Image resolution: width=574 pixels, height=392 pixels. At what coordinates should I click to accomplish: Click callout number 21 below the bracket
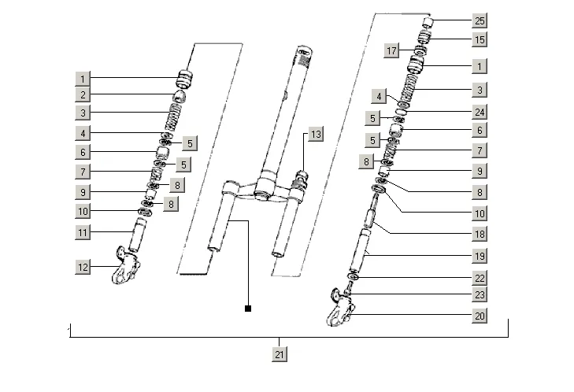tap(280, 354)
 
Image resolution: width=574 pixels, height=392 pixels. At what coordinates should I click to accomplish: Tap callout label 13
tap(316, 135)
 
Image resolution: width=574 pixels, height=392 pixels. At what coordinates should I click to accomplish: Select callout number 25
tap(480, 20)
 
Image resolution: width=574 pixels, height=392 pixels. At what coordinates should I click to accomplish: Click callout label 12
tap(83, 267)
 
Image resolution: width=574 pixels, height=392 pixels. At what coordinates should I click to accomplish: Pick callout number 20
tap(480, 316)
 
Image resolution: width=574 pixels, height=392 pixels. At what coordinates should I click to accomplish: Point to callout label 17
tap(391, 50)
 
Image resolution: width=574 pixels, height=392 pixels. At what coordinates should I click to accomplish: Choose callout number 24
tap(480, 112)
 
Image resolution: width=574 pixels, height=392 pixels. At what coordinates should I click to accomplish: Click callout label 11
tap(83, 232)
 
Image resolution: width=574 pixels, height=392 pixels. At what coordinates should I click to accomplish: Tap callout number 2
tap(83, 94)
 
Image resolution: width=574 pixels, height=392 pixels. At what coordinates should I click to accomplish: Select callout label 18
tap(480, 234)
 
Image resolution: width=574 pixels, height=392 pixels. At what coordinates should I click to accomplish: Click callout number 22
tap(480, 278)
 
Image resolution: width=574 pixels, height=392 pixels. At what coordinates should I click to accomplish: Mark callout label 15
tap(480, 39)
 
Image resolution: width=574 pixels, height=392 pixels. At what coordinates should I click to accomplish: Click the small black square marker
tap(248, 309)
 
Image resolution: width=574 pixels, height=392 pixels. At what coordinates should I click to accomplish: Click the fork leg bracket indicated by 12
tap(125, 266)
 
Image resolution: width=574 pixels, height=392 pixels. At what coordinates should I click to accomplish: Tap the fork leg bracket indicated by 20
tap(340, 308)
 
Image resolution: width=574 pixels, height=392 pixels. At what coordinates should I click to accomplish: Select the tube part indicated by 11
tap(137, 235)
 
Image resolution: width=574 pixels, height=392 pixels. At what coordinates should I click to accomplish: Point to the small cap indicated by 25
tap(428, 23)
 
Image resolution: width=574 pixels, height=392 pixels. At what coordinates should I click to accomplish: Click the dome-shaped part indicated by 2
tap(179, 96)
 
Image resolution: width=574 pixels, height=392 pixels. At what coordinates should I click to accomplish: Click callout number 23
tap(480, 294)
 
